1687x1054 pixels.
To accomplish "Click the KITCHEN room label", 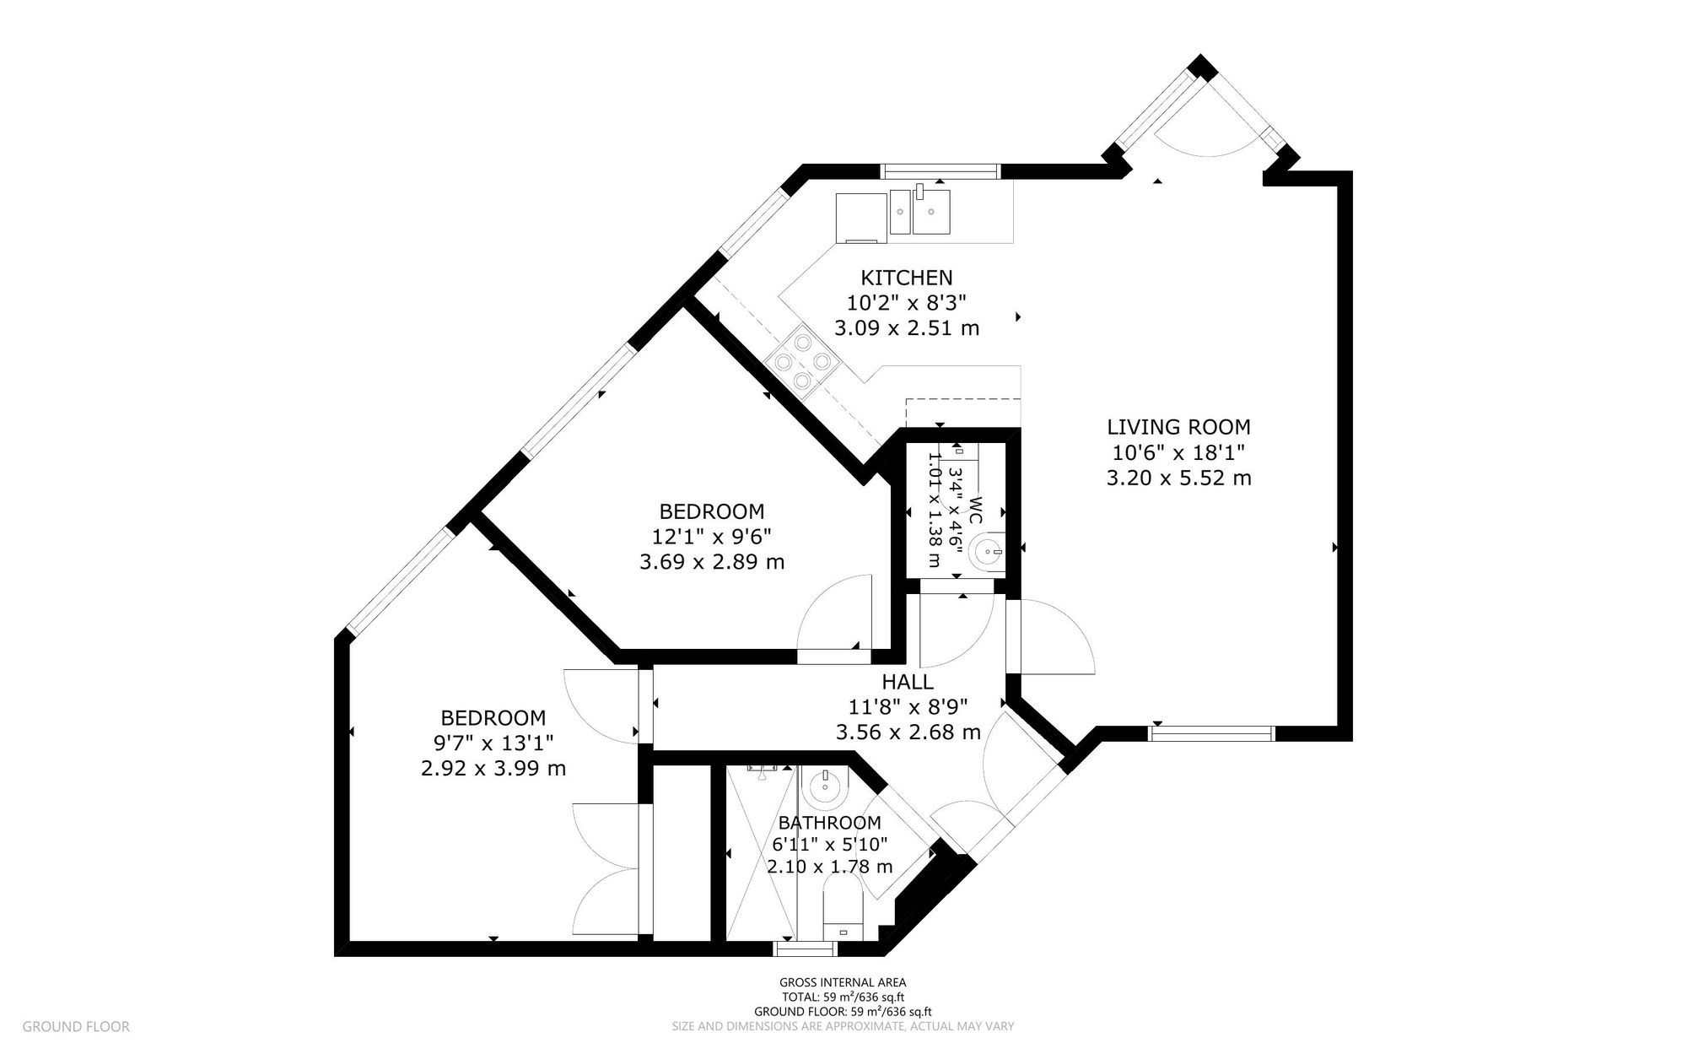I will (906, 278).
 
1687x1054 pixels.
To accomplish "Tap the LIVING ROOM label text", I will (1178, 427).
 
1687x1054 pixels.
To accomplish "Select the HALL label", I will (908, 682).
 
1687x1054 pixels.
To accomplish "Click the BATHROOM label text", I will (829, 823).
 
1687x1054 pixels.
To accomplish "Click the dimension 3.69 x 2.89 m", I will (712, 562).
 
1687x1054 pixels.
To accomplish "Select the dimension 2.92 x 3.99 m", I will (493, 769).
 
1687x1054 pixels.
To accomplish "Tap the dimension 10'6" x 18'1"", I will (1178, 452).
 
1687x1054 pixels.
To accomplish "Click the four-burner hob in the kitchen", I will (801, 362).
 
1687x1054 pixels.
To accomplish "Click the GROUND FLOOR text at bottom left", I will (76, 1027).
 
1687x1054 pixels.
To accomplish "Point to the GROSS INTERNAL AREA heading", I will (842, 982).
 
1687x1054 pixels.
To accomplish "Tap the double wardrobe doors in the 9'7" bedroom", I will (606, 869).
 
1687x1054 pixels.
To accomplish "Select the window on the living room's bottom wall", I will (1211, 734).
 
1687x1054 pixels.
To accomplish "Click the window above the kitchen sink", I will (940, 172).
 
